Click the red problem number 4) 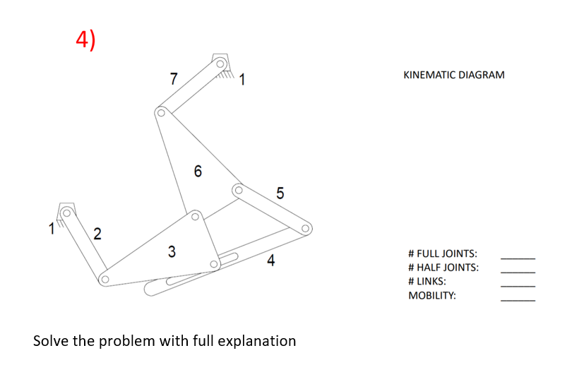point(85,40)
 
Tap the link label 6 point(197,171)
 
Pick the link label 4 point(270,261)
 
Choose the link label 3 point(172,251)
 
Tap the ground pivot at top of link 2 point(67,210)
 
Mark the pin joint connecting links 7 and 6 point(161,112)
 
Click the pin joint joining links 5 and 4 point(306,229)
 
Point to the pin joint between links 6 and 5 point(238,189)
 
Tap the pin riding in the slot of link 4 point(214,265)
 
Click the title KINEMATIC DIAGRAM point(453,75)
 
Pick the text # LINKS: point(427,282)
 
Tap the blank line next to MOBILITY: point(518,300)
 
